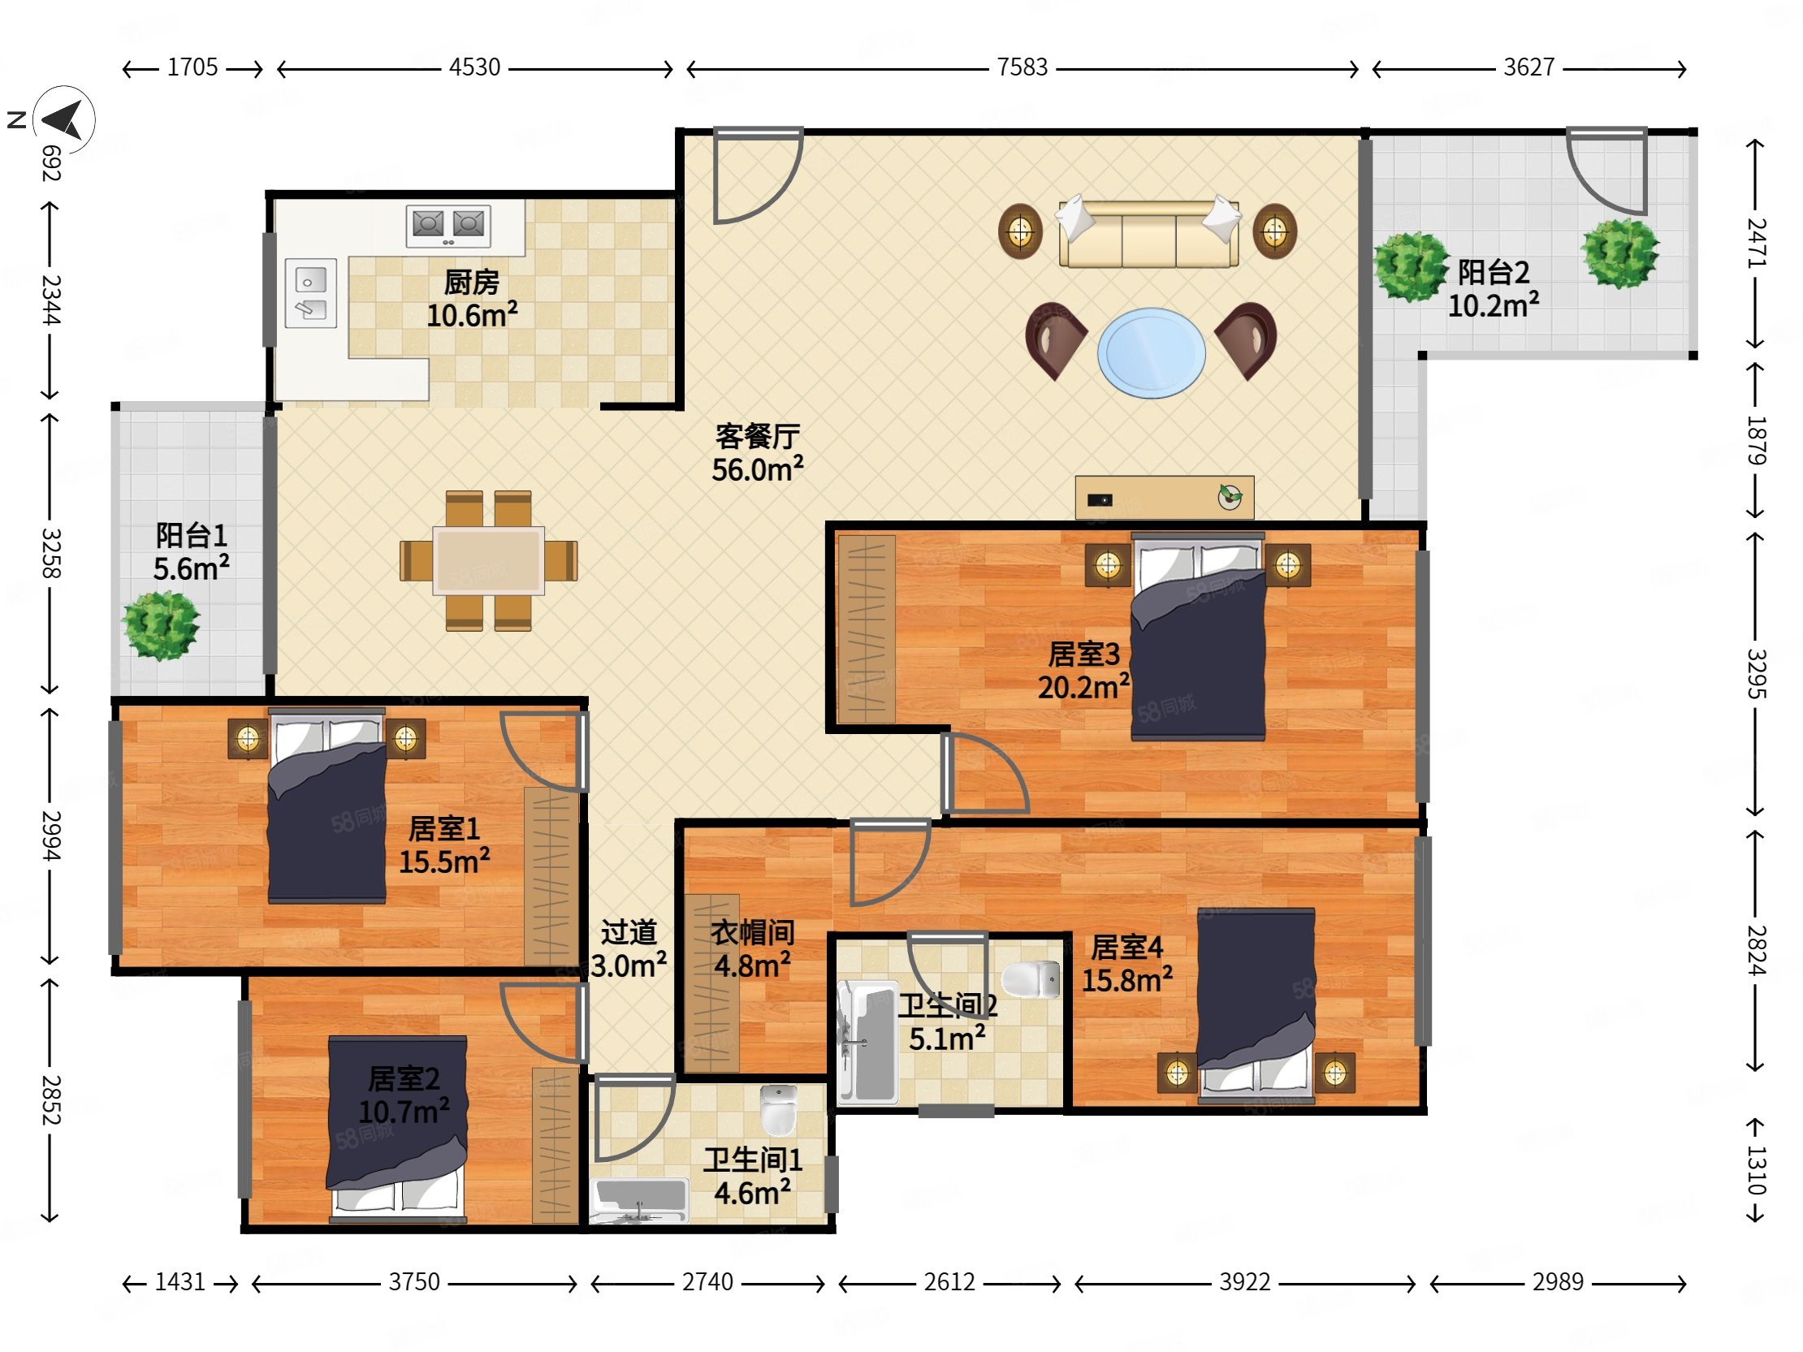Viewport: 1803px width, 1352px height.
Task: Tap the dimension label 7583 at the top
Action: pos(1023,67)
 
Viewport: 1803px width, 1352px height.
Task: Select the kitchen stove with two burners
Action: pos(448,226)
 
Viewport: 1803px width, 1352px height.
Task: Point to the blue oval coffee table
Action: pos(1151,353)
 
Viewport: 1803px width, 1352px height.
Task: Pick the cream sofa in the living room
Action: pos(1148,231)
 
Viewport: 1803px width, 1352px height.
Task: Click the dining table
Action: pos(488,560)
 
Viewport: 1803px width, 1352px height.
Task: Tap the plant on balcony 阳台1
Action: pos(161,626)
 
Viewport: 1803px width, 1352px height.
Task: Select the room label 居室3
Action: pos(1083,654)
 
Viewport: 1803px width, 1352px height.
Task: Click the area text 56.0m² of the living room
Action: pos(757,469)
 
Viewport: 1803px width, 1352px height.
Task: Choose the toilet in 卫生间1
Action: pos(778,1109)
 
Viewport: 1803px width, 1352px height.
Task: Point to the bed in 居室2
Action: pos(397,1129)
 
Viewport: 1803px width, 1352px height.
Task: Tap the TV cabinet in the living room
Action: pos(1164,497)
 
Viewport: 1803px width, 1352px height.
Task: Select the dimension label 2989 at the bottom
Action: pos(1557,1282)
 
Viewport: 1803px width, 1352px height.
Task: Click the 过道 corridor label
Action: pos(629,932)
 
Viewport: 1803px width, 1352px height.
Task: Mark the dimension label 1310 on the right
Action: pos(1756,1170)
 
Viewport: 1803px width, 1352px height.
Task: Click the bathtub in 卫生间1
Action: pos(639,1200)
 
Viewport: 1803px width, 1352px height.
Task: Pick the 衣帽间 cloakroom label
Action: pos(752,932)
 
